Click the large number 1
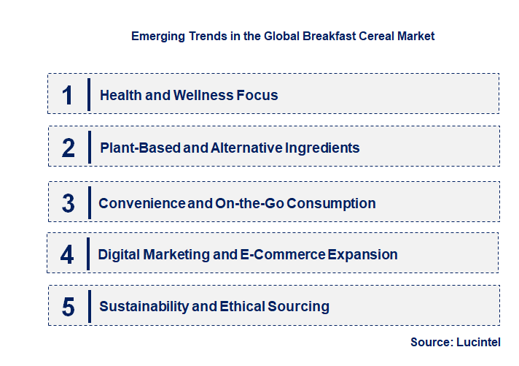(68, 95)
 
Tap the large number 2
(69, 148)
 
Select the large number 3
(69, 203)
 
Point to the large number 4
(68, 254)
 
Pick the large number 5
(69, 307)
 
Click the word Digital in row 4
(119, 254)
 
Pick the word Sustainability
(144, 307)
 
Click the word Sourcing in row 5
(299, 307)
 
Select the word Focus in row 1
(257, 95)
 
